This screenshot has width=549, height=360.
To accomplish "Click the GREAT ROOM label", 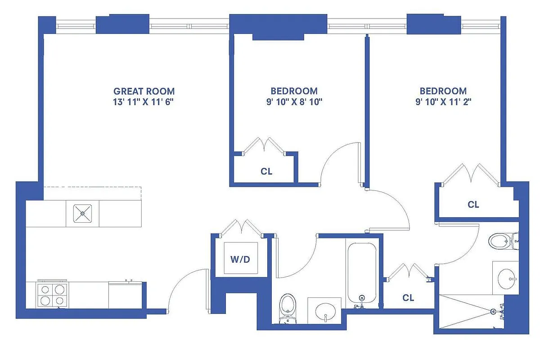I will [x=144, y=91].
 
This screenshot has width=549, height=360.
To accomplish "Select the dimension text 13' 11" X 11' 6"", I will [x=144, y=102].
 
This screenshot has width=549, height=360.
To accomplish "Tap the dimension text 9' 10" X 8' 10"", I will [x=294, y=102].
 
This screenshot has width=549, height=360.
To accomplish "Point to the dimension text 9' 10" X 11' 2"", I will [x=443, y=102].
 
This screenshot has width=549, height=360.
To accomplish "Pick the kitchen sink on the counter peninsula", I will [x=82, y=214].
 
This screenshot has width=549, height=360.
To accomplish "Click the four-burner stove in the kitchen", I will [x=53, y=295].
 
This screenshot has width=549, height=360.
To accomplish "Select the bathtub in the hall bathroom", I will [x=361, y=273].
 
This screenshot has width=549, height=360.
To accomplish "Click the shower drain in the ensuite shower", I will [x=494, y=311].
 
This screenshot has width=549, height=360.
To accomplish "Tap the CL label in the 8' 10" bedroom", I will [x=266, y=172].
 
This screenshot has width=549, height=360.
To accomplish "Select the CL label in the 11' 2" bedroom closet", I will [x=473, y=205].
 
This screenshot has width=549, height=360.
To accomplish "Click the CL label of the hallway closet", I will [x=408, y=298].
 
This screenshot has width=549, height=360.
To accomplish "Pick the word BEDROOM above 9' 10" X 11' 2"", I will [x=443, y=91].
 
